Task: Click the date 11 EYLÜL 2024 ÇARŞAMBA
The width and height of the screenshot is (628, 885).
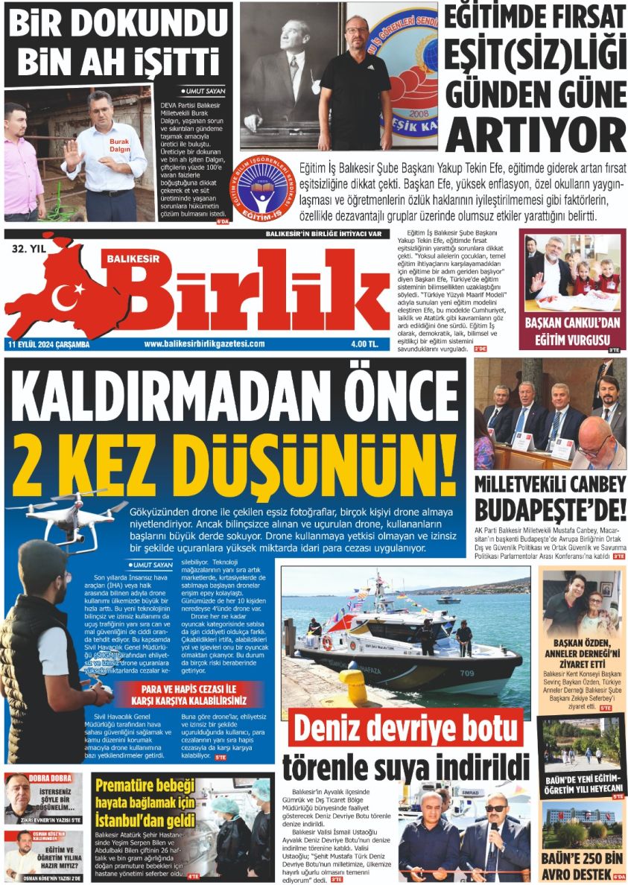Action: pyautogui.click(x=49, y=343)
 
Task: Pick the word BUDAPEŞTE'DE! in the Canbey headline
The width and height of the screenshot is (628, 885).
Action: pyautogui.click(x=551, y=512)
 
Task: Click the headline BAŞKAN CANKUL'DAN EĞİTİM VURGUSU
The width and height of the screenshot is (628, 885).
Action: pyautogui.click(x=572, y=332)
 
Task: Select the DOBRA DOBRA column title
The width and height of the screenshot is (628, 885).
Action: pyautogui.click(x=49, y=778)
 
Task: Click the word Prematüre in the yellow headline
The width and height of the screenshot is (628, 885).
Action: pyautogui.click(x=135, y=784)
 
